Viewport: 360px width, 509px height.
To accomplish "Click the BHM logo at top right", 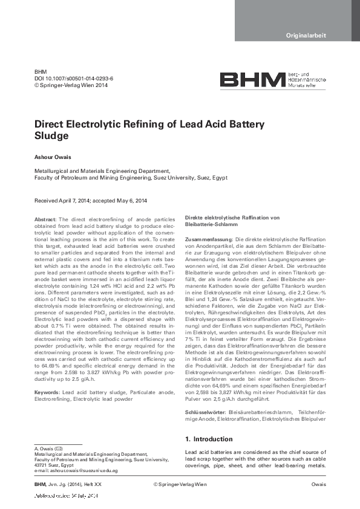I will pos(252,80).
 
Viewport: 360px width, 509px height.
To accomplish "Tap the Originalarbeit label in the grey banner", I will pos(306,36).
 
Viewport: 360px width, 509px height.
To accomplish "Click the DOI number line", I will pos(74,79).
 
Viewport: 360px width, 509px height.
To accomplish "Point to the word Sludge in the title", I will pos(51,137).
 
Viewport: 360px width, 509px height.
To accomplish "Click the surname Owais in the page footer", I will pos(318,485).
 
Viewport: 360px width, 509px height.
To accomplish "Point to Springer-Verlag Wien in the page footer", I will pos(180,485).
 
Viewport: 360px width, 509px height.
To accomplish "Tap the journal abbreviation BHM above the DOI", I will pos(40,71).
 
